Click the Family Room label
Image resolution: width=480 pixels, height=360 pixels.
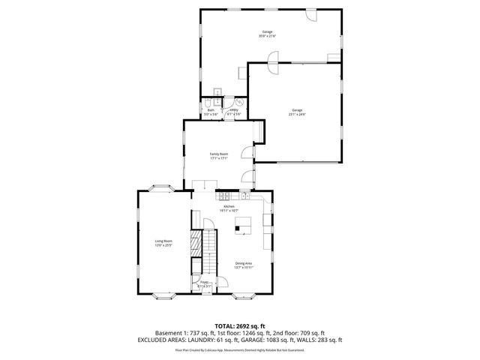point(218,154)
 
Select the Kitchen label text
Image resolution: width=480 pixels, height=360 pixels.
point(229,206)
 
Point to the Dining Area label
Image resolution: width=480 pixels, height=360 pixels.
point(243,263)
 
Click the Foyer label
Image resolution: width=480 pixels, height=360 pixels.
point(203,283)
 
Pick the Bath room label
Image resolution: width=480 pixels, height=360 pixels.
point(211,109)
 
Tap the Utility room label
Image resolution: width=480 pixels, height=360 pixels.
point(233,109)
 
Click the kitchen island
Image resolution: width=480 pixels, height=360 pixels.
point(242,224)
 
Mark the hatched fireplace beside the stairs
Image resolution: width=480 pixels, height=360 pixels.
point(196,243)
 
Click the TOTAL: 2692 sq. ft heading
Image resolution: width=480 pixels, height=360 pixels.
point(240,325)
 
